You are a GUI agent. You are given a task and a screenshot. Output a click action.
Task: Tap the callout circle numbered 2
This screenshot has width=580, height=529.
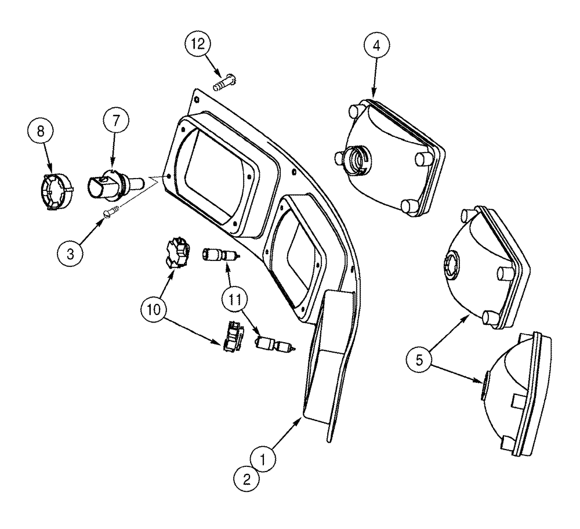click(x=247, y=479)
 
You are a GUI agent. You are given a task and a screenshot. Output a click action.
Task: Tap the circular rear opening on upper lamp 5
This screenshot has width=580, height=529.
click(x=453, y=265)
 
